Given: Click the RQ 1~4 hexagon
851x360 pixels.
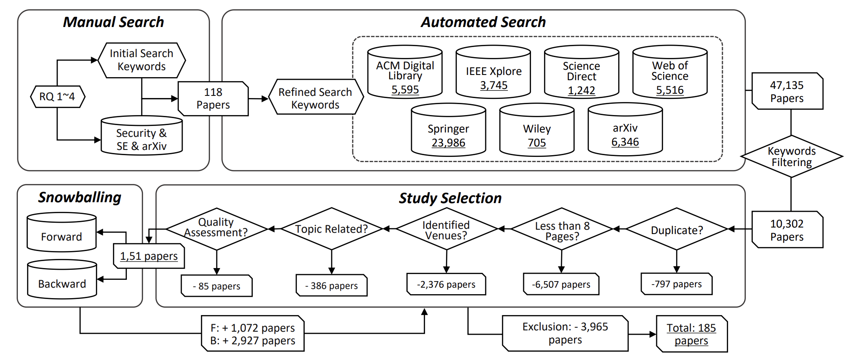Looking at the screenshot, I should pyautogui.click(x=57, y=96).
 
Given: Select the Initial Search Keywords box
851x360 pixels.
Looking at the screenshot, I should pyautogui.click(x=141, y=60).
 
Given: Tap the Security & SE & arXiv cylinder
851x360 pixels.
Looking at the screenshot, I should pyautogui.click(x=141, y=136).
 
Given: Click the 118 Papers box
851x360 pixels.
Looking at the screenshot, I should pyautogui.click(x=213, y=98).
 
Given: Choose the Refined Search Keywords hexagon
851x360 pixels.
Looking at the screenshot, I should pyautogui.click(x=315, y=98).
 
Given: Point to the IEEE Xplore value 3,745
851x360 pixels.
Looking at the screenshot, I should pyautogui.click(x=494, y=85).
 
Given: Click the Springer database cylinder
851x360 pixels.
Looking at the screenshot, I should pyautogui.click(x=448, y=130).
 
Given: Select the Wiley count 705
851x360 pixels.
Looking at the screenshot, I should pyautogui.click(x=537, y=143).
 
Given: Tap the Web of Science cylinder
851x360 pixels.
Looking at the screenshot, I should pyautogui.click(x=670, y=72).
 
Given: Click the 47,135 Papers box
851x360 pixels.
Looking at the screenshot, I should pyautogui.click(x=787, y=92).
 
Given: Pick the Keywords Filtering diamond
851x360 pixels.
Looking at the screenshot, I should pyautogui.click(x=791, y=156).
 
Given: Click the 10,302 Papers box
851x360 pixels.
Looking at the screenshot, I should pyautogui.click(x=787, y=230).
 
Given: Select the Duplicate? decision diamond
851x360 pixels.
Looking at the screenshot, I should pyautogui.click(x=677, y=230).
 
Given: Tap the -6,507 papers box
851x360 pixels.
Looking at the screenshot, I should pyautogui.click(x=561, y=285).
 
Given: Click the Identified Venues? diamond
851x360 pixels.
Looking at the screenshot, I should pyautogui.click(x=446, y=230).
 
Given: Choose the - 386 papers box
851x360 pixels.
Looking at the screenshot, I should pyautogui.click(x=331, y=286).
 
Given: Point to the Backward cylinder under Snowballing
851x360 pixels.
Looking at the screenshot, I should pyautogui.click(x=62, y=280).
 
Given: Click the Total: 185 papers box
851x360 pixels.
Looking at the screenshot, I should pyautogui.click(x=691, y=334).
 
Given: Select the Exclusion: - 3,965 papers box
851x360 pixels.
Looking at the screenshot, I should pyautogui.click(x=565, y=333).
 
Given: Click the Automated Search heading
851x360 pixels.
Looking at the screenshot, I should pyautogui.click(x=483, y=22).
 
